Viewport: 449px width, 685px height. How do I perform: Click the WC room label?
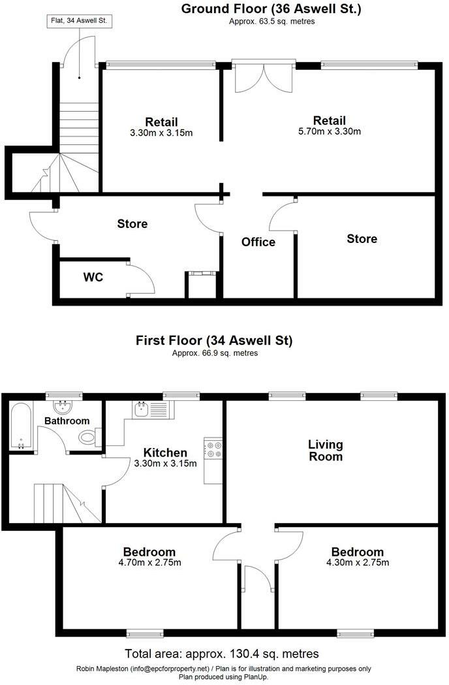coord(93,278)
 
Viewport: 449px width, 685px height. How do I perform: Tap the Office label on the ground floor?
coord(258,242)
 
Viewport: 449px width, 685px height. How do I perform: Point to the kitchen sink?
coord(141,409)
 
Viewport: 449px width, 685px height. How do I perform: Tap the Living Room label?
coord(326,451)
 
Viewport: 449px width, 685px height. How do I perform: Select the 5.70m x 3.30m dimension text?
coord(329,131)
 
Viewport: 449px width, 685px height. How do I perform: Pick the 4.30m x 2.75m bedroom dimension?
coord(357,563)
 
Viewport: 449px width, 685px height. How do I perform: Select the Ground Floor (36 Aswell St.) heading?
coord(271,9)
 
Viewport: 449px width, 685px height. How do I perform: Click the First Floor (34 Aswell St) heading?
coord(214,340)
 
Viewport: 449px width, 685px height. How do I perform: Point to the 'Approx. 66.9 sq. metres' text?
coord(215,353)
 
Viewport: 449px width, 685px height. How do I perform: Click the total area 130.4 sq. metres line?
coord(222,654)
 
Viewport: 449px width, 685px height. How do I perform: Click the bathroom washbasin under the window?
coord(64,408)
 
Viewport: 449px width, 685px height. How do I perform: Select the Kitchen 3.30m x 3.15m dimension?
coord(166,464)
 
